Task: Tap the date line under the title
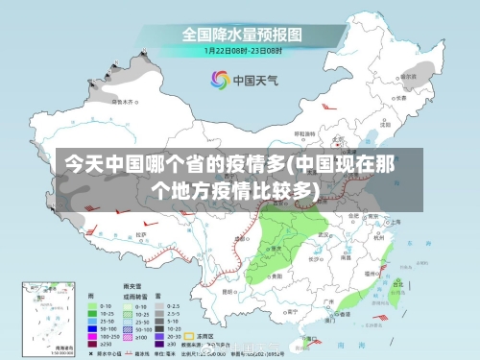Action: click(242, 51)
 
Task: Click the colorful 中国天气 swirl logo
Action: click(221, 79)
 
